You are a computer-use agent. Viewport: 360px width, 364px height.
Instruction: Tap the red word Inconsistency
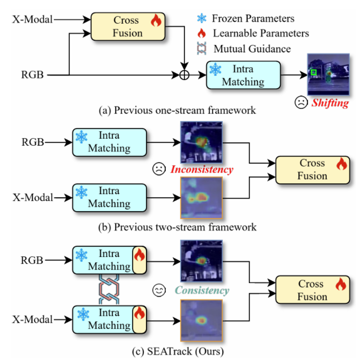click(202, 170)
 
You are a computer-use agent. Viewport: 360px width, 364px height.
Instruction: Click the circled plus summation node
click(184, 75)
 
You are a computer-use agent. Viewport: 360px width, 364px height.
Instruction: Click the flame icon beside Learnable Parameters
click(202, 34)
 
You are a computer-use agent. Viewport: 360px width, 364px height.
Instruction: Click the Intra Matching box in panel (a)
click(243, 75)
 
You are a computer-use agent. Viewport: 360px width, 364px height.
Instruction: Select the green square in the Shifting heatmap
click(313, 72)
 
